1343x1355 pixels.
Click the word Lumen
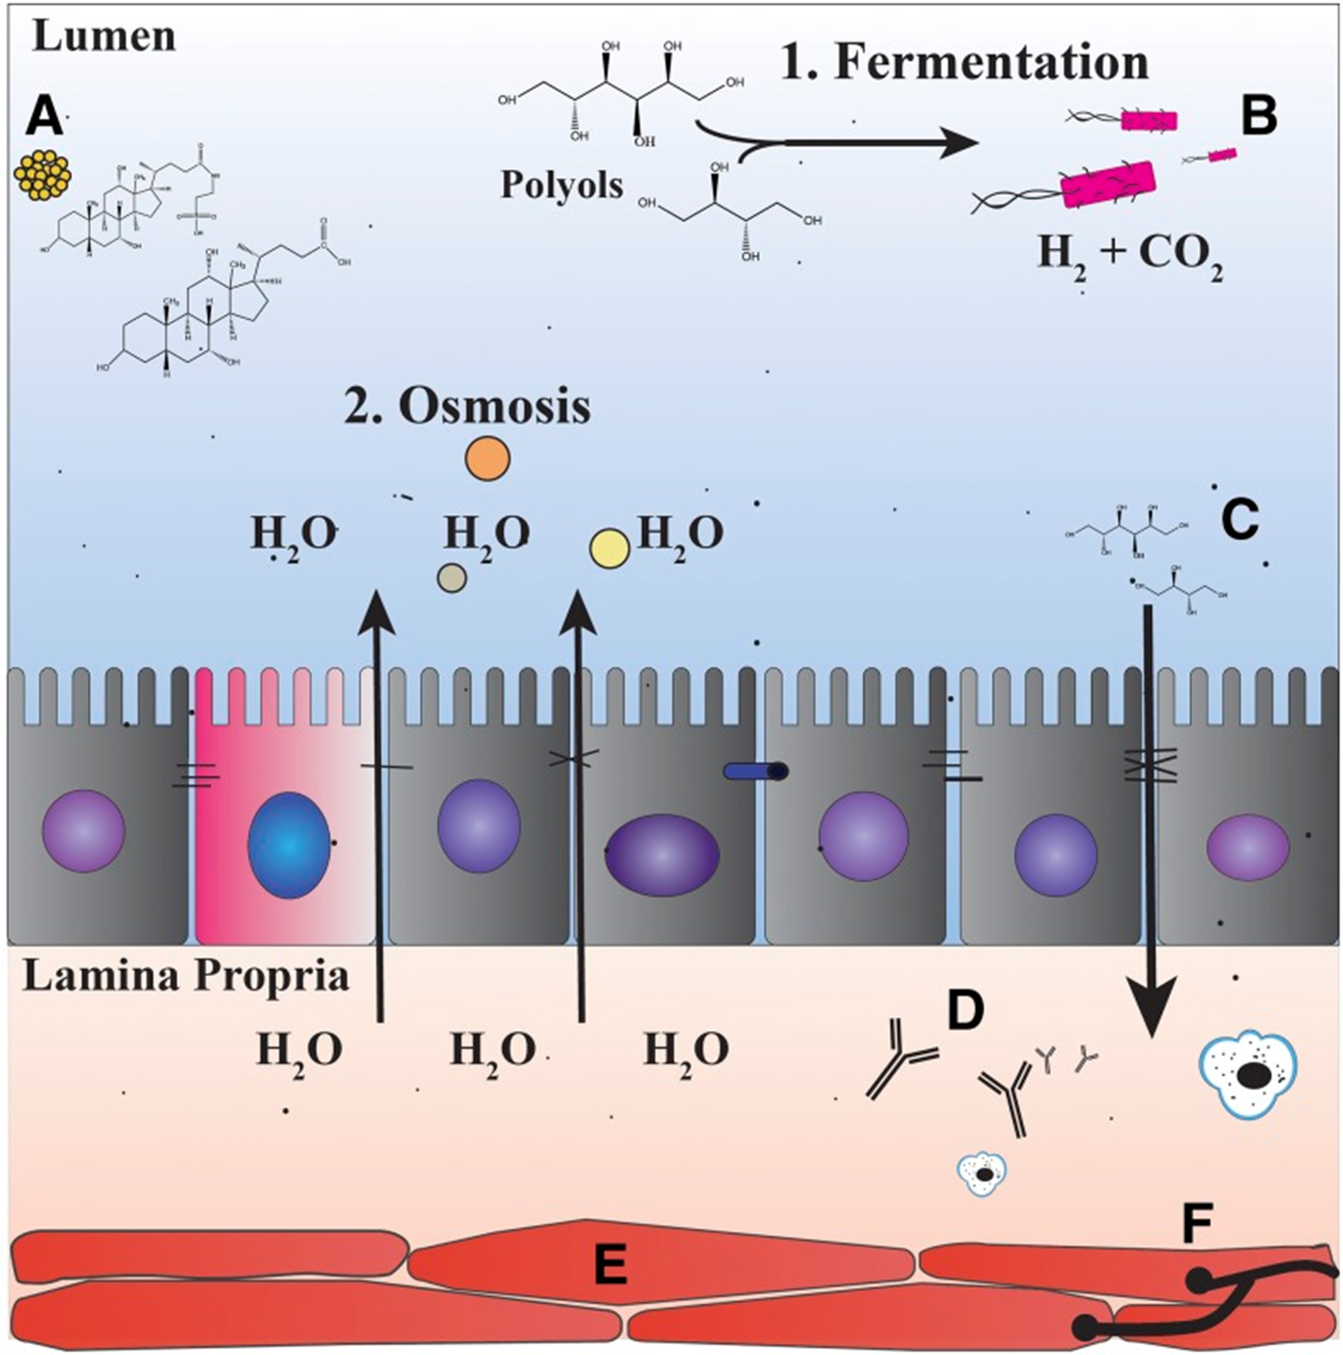104,36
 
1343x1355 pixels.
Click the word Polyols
561,185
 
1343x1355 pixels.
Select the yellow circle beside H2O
609,549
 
